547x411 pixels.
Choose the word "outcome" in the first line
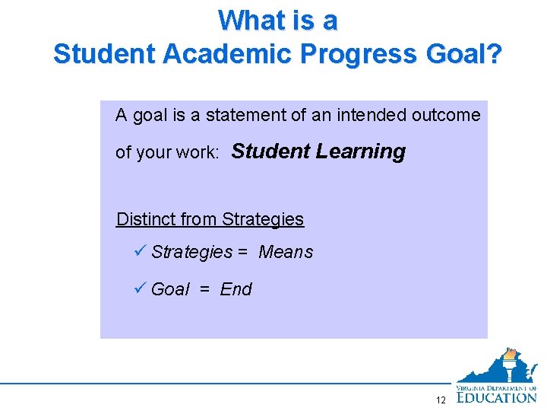coord(446,116)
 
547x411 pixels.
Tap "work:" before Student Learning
coord(199,153)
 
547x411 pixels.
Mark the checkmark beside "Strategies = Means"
coord(138,251)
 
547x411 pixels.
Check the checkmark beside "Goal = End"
coord(138,288)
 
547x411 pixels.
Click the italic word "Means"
coord(286,252)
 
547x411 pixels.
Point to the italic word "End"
coord(236,289)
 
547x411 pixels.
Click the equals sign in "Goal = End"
coord(204,289)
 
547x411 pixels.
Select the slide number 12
coord(441,400)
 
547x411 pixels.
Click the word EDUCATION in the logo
coord(497,396)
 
